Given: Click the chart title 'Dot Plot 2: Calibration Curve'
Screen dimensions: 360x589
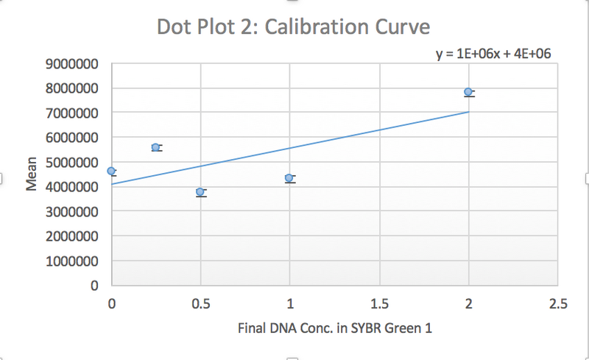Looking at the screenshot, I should coord(293,28).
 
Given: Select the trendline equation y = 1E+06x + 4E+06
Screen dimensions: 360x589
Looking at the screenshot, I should coord(494,54).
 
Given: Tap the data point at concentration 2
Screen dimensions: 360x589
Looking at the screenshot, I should coord(468,92).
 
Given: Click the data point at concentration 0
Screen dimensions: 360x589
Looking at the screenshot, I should coord(111,171).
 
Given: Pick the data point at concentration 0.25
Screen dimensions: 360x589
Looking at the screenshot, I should coord(155,147).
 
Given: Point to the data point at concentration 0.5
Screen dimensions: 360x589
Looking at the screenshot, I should coord(200,191).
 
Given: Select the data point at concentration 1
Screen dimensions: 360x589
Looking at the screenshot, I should coord(289,177).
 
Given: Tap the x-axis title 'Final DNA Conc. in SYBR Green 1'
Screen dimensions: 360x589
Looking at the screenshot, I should coord(334,328).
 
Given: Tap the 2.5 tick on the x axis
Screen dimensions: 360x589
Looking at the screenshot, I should coord(557,303).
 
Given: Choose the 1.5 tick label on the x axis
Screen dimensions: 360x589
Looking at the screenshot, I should coord(379,303).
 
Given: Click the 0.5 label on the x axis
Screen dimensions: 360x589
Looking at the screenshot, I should coord(200,303).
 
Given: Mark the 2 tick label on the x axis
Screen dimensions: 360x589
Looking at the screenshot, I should coord(468,303).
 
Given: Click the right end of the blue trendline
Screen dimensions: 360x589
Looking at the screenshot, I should coord(468,112).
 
